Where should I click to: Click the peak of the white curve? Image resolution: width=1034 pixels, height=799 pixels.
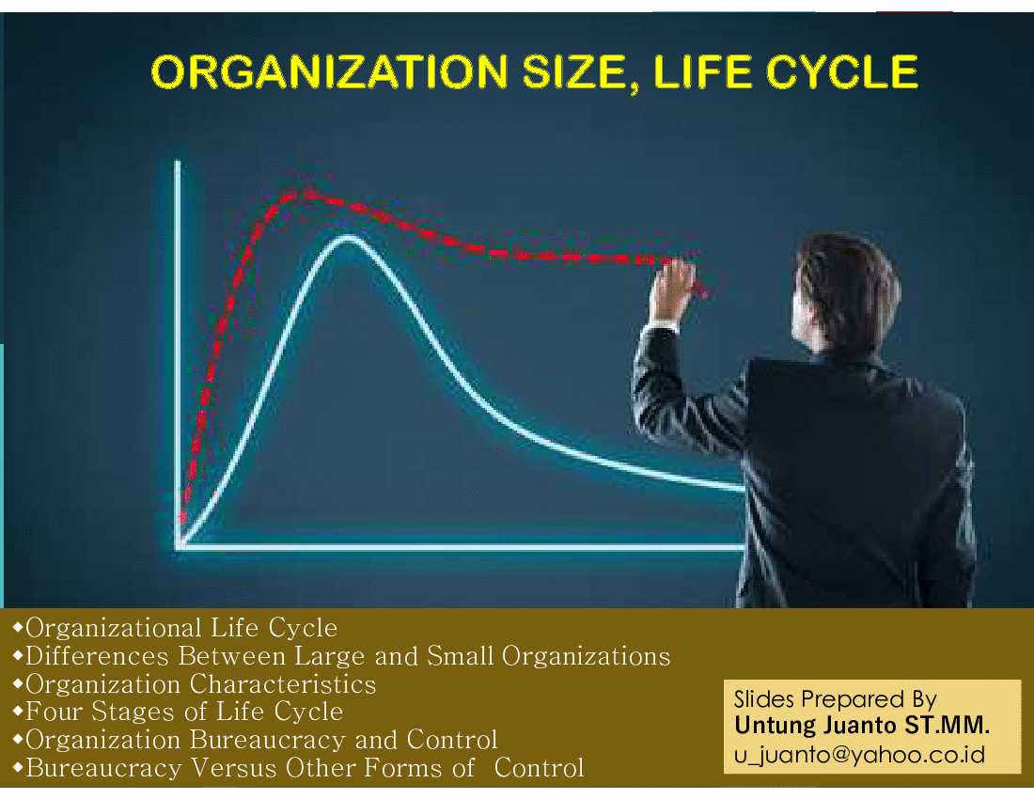coord(348,237)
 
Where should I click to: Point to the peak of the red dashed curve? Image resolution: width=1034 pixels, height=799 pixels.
coord(305,193)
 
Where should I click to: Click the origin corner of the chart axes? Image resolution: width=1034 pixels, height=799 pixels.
coord(179,546)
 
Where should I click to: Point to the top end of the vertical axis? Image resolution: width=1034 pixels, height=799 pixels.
coord(178,162)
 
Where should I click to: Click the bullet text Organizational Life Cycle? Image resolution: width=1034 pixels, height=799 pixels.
coord(181,628)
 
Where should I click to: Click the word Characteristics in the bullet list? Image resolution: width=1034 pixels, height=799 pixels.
coord(283,684)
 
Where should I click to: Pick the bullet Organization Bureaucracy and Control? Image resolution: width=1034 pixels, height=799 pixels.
coord(262,741)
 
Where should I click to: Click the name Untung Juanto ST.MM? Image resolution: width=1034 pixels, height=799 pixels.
coord(862,725)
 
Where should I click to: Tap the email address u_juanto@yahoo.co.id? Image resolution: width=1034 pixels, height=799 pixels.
coord(859,754)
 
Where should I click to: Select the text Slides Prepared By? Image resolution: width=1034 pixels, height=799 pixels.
coord(836,698)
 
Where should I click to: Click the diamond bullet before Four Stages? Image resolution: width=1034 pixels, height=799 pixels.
coord(18,712)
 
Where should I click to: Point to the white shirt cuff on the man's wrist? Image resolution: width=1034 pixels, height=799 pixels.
coord(661,325)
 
